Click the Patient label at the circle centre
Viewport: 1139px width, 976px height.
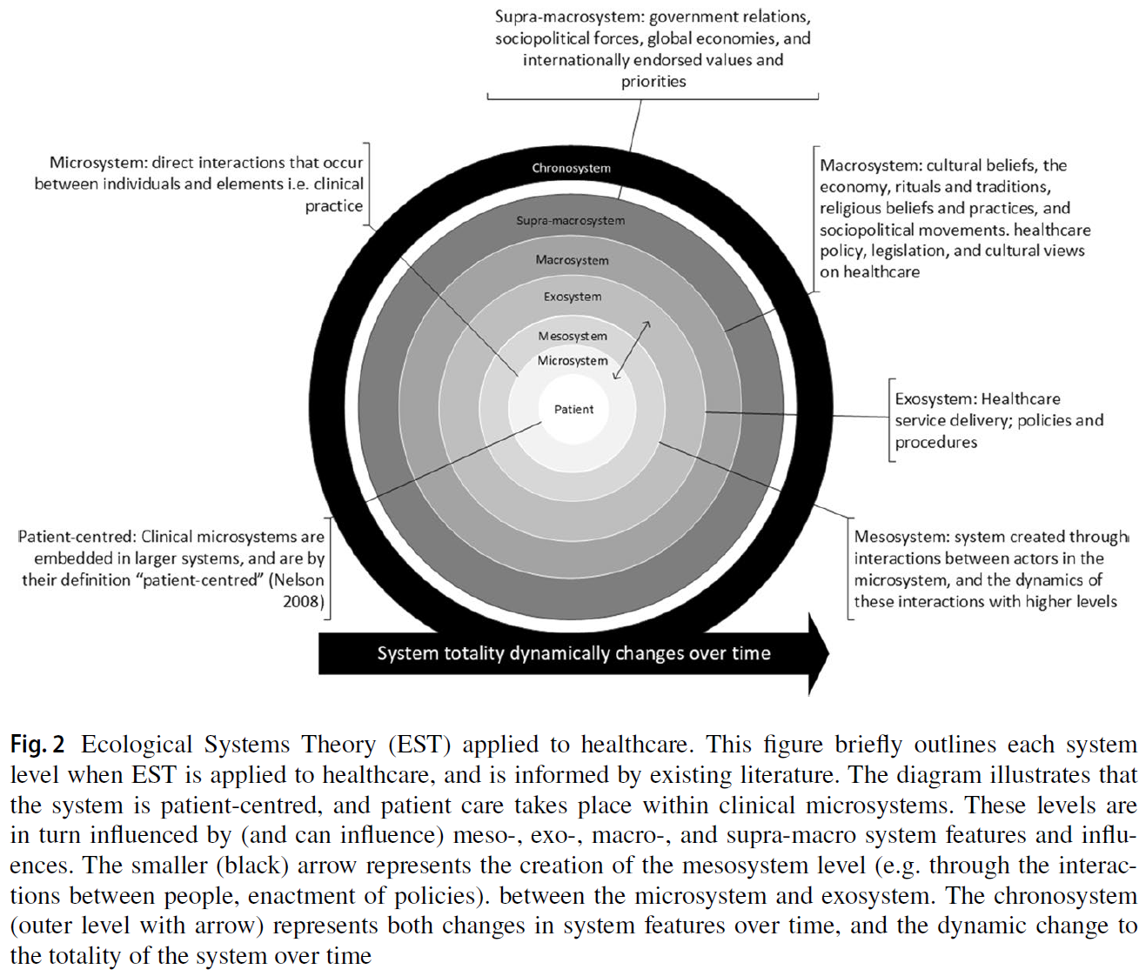pos(573,409)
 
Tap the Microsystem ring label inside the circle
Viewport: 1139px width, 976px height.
pos(573,360)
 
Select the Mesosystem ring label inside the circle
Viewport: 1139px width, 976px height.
pos(573,336)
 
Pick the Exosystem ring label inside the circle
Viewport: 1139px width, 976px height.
pos(573,297)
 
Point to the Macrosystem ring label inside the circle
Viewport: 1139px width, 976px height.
pos(572,260)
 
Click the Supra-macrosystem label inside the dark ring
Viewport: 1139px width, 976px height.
pos(570,221)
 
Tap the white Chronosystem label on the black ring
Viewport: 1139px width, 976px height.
pos(571,168)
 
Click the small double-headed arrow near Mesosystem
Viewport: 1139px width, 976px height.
pos(632,350)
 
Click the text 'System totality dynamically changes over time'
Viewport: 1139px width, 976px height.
pos(573,653)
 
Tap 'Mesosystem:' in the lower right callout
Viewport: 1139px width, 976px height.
pos(901,537)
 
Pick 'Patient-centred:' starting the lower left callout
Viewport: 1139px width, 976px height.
pos(77,537)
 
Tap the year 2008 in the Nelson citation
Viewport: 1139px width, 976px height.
pos(301,601)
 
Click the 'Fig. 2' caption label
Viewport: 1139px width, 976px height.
pos(37,745)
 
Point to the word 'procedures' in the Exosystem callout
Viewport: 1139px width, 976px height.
pos(935,442)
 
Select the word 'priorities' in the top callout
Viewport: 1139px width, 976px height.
pos(653,82)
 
